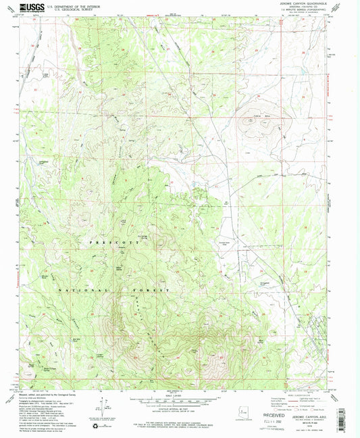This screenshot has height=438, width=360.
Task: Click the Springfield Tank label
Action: [x=267, y=276]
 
